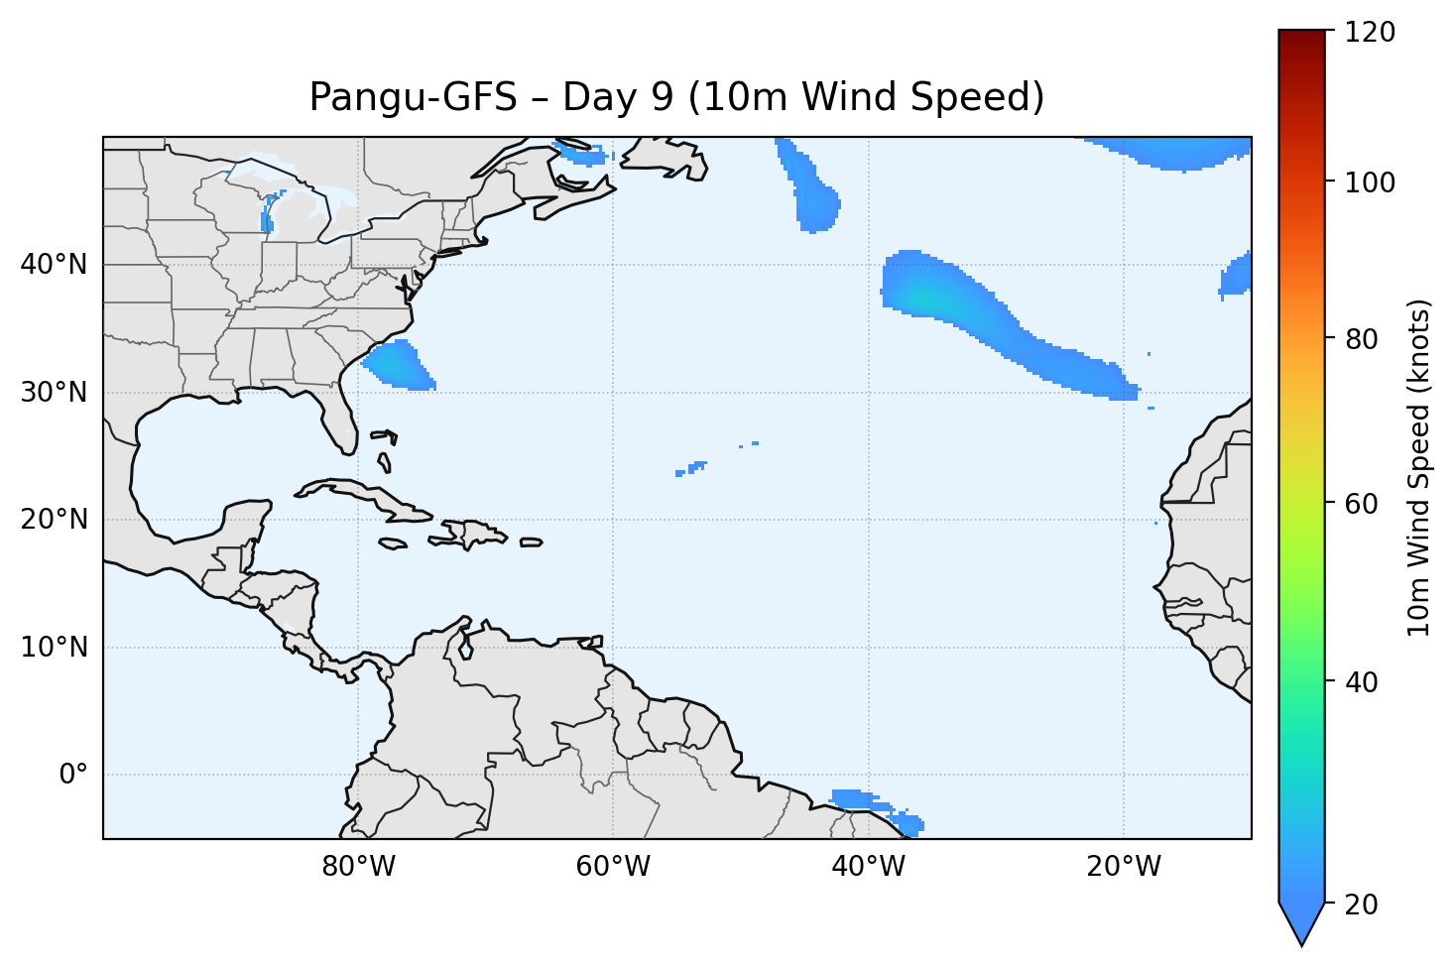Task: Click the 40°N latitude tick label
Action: pos(54,265)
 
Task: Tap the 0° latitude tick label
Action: pos(72,775)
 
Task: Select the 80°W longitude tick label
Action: pos(358,867)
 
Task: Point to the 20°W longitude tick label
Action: pos(1124,867)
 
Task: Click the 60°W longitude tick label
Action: pos(613,867)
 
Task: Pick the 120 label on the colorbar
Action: pos(1370,33)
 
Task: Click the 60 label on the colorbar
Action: pos(1363,504)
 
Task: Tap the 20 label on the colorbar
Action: pos(1363,905)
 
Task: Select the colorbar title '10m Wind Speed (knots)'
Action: pos(1419,468)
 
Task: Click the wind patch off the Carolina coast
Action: pos(400,365)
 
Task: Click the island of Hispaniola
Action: pos(470,533)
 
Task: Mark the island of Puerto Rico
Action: pos(532,543)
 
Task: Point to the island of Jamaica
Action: pos(393,543)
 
